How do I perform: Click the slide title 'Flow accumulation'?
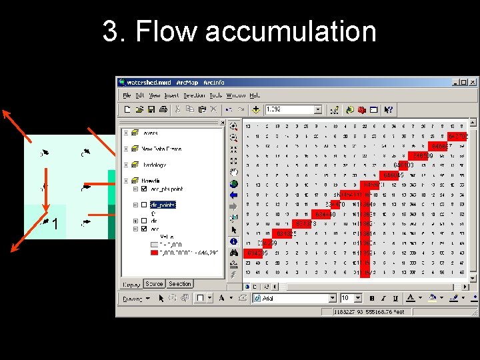pos(239,31)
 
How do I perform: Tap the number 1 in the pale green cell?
pos(55,225)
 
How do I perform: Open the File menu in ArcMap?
pos(125,95)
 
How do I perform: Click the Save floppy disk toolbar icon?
pos(151,109)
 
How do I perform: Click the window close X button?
pos(473,83)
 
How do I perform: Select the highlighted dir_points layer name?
pos(162,205)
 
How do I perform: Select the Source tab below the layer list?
pos(154,284)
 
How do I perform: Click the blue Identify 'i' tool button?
pos(234,241)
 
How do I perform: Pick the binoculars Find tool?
pos(234,253)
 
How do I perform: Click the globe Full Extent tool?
pos(234,184)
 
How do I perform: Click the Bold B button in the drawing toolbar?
pos(371,299)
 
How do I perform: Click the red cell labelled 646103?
pos(403,165)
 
